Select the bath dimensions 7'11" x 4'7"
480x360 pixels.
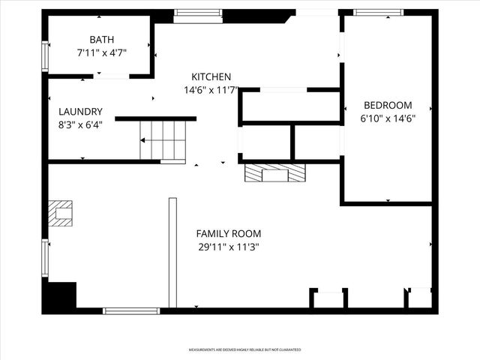click(101, 53)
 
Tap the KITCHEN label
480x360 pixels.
click(211, 76)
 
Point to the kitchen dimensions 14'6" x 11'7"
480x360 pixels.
click(211, 90)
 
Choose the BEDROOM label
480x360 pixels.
click(388, 105)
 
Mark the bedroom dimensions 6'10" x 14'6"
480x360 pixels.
click(388, 118)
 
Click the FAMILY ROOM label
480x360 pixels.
click(229, 233)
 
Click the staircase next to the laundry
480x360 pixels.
click(162, 140)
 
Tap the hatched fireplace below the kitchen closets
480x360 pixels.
click(275, 173)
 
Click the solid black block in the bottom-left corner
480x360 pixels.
click(60, 296)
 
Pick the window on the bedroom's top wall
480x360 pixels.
click(378, 12)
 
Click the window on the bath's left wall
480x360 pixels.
click(44, 56)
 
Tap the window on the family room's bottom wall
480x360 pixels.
click(131, 310)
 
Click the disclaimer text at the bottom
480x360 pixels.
click(244, 349)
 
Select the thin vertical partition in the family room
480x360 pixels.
click(172, 252)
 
